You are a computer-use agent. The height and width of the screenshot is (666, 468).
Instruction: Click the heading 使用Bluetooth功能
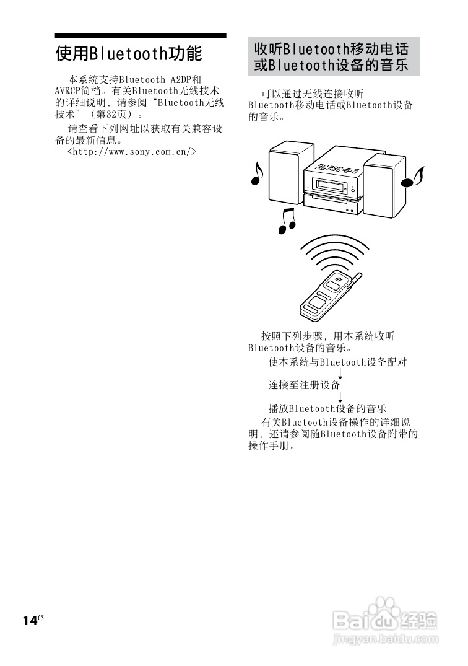pyautogui.click(x=129, y=54)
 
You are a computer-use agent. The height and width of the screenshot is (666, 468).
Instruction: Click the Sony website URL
pyautogui.click(x=132, y=151)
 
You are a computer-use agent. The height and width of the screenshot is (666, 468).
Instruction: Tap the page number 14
pyautogui.click(x=30, y=621)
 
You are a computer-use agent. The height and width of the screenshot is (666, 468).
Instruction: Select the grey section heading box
pyautogui.click(x=333, y=56)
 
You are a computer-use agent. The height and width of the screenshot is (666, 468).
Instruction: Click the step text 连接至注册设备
pyautogui.click(x=304, y=385)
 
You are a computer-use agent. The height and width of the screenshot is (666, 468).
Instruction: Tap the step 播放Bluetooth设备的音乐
pyautogui.click(x=327, y=408)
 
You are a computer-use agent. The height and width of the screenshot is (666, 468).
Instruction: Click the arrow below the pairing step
pyautogui.click(x=341, y=374)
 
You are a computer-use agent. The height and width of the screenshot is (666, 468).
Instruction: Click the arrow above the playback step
pyautogui.click(x=341, y=397)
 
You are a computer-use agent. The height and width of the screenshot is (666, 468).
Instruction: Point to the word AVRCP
pyautogui.click(x=69, y=91)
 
